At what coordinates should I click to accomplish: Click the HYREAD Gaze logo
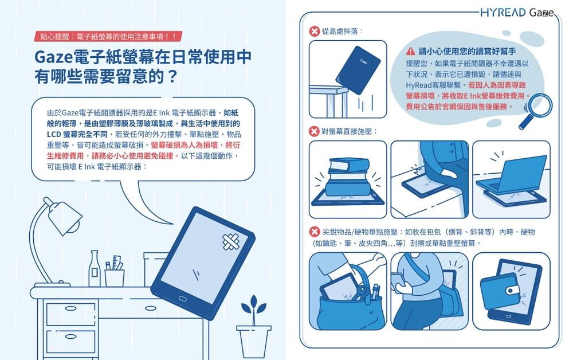coord(517,13)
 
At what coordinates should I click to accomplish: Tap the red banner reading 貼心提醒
coord(108,37)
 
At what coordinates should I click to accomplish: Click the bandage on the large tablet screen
coord(230,241)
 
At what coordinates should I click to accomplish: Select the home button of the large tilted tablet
coord(182,299)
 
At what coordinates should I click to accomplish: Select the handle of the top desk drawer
coord(70,308)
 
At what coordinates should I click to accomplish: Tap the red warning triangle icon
coord(410,51)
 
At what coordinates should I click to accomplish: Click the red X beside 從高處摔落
coord(314,32)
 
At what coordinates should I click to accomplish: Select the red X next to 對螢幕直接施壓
coord(314,131)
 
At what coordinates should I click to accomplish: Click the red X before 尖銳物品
coord(314,232)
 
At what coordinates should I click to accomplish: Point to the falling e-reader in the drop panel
coord(358,70)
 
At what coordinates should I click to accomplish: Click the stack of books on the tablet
coord(348,177)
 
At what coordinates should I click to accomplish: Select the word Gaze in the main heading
coord(53,57)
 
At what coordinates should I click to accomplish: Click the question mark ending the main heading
coord(172,76)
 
